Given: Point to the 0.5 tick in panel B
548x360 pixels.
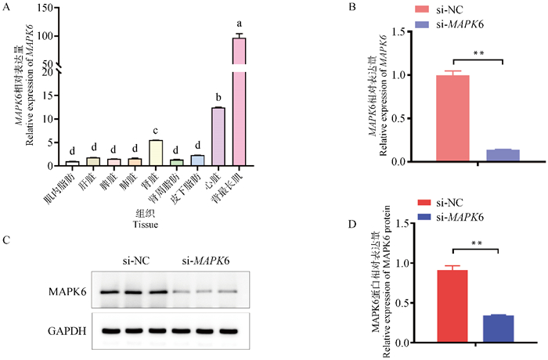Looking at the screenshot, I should (x=408, y=119).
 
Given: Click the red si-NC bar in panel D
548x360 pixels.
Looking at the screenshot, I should (x=452, y=307).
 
